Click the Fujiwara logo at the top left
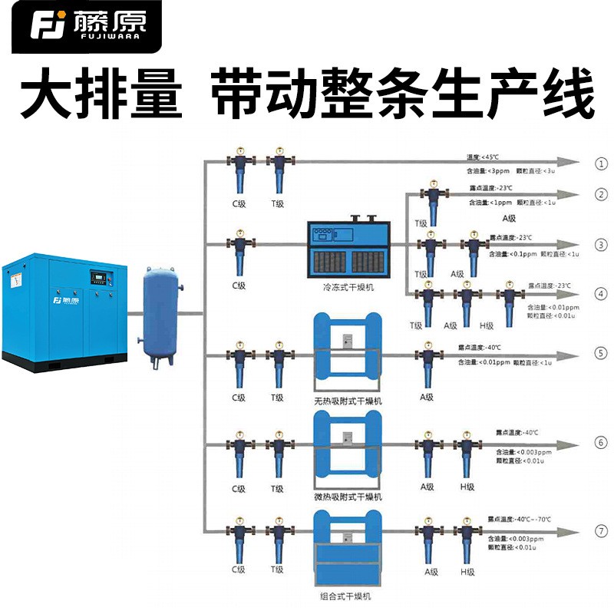click(81, 26)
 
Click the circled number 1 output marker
click(601, 163)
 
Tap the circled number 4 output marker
click(601, 294)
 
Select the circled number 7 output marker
click(601, 531)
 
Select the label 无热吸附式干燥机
click(348, 401)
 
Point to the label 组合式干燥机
click(348, 595)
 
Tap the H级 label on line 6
click(467, 487)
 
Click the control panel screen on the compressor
click(96, 273)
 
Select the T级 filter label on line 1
click(277, 203)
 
